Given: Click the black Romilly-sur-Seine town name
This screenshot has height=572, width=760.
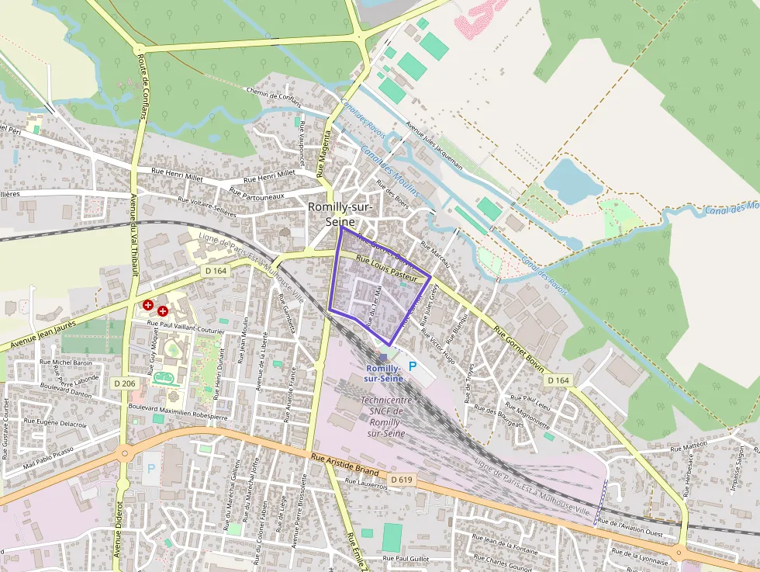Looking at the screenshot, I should pos(341,213).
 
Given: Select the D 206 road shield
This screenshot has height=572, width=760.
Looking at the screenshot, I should pos(124,383).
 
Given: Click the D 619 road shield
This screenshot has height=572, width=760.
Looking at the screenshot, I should pos(402,480).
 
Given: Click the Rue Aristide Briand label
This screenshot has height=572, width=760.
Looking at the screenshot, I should pos(344,465).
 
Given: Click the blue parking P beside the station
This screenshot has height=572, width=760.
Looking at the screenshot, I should pos(412,366).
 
